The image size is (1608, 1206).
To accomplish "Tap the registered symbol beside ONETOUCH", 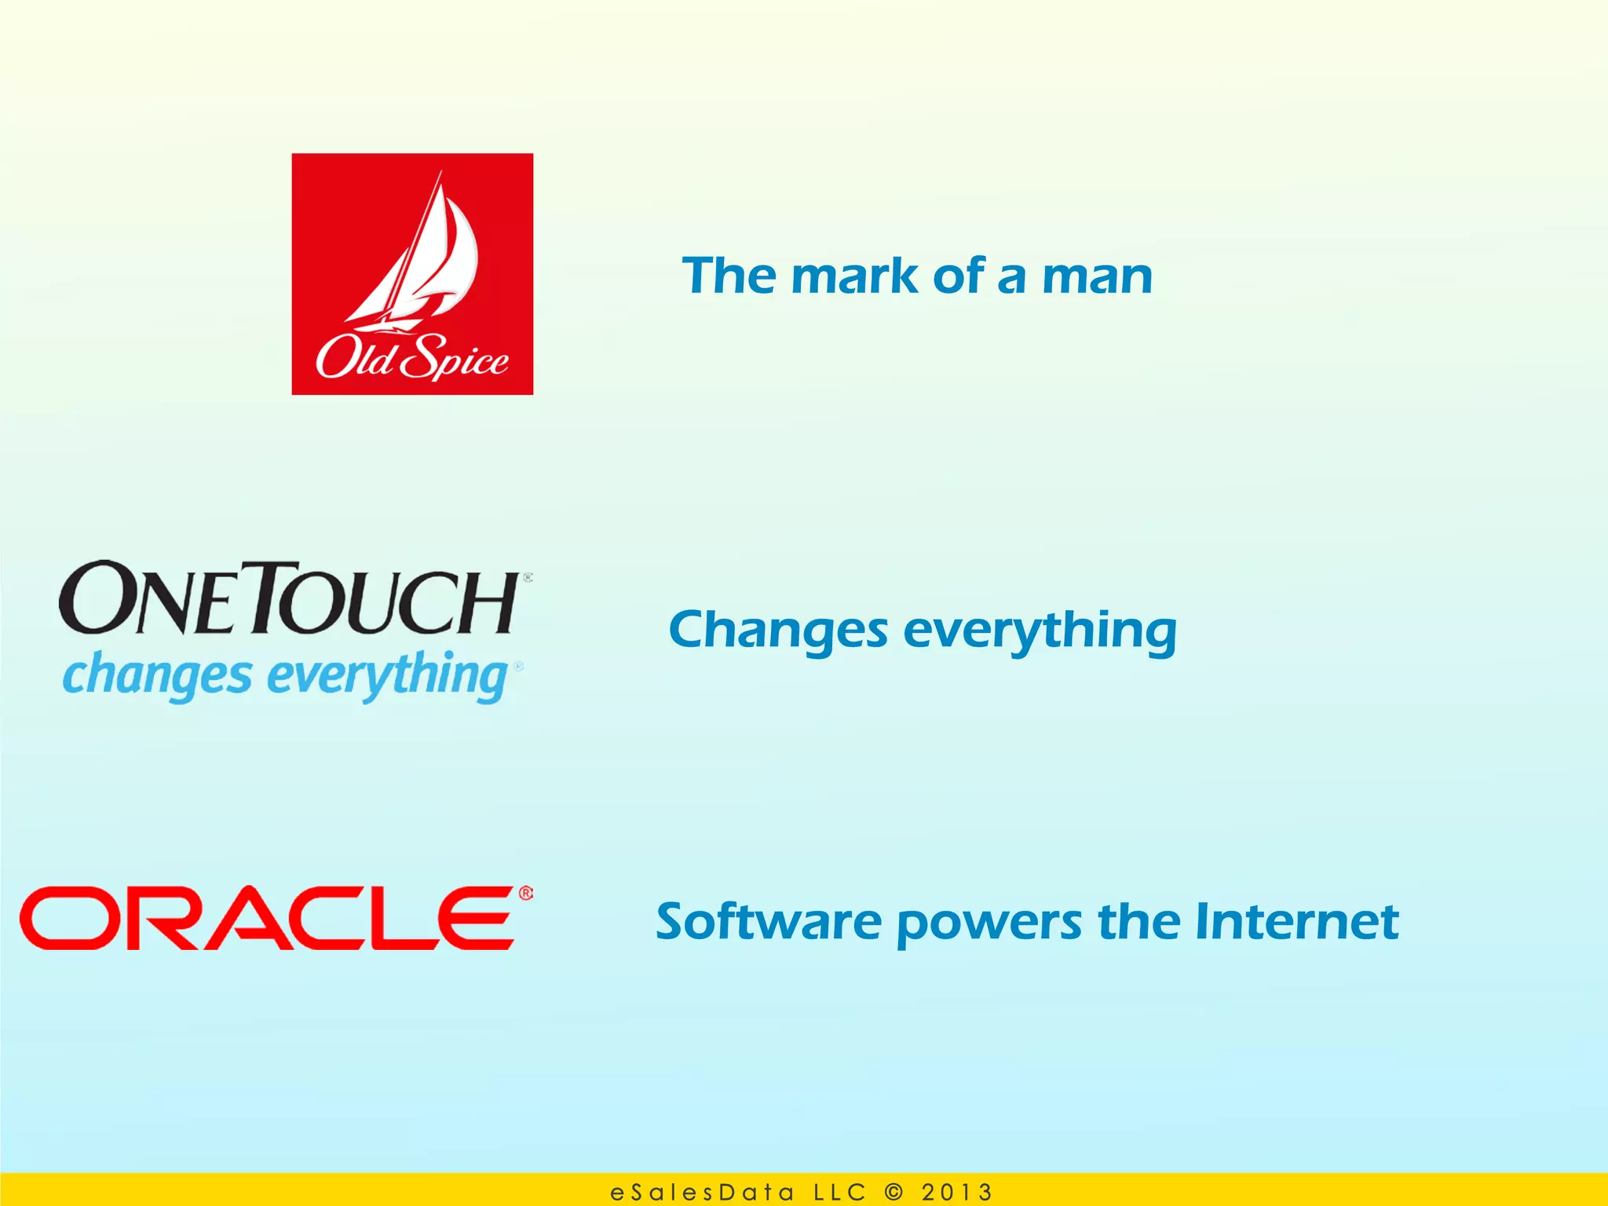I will pyautogui.click(x=528, y=578).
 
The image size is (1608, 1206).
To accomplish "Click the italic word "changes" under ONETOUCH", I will pyautogui.click(x=157, y=676).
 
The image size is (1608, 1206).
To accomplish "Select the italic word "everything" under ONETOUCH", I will pyautogui.click(x=389, y=676).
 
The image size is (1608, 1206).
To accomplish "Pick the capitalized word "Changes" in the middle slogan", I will pyautogui.click(x=778, y=631).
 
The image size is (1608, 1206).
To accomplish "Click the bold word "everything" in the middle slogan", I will pyautogui.click(x=1040, y=631).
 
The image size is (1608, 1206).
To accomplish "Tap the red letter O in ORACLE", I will pyautogui.click(x=67, y=918).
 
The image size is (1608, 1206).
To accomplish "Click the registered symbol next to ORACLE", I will pyautogui.click(x=525, y=894).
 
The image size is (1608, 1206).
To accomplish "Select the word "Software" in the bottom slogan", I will pyautogui.click(x=769, y=922).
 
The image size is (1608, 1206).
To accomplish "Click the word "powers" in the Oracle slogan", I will pyautogui.click(x=989, y=923).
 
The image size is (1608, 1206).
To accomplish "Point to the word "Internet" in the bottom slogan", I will pyautogui.click(x=1296, y=922).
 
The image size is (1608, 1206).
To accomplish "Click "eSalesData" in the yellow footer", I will pyautogui.click(x=702, y=1193).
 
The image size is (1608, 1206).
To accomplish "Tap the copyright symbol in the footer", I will pyautogui.click(x=894, y=1192).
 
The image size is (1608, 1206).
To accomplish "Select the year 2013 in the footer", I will pyautogui.click(x=956, y=1193).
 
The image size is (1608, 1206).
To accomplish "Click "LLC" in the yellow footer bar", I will pyautogui.click(x=839, y=1193).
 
